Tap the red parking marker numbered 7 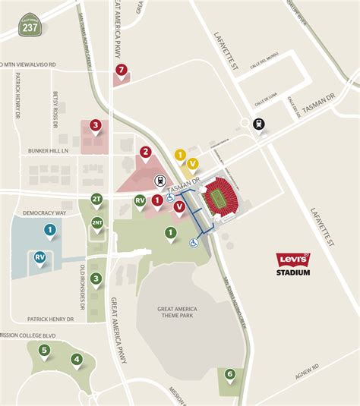click(x=121, y=71)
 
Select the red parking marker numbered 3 click(x=95, y=125)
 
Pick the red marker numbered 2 click(x=144, y=152)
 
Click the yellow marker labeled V click(x=193, y=163)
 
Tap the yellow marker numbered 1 click(x=180, y=155)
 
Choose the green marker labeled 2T click(x=96, y=199)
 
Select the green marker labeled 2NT click(x=97, y=222)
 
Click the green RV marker click(x=140, y=200)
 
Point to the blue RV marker click(x=39, y=257)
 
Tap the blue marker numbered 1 click(x=49, y=229)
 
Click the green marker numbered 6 click(x=229, y=373)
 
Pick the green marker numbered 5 click(x=45, y=350)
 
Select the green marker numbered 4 click(x=76, y=359)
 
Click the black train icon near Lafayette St click(x=259, y=124)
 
